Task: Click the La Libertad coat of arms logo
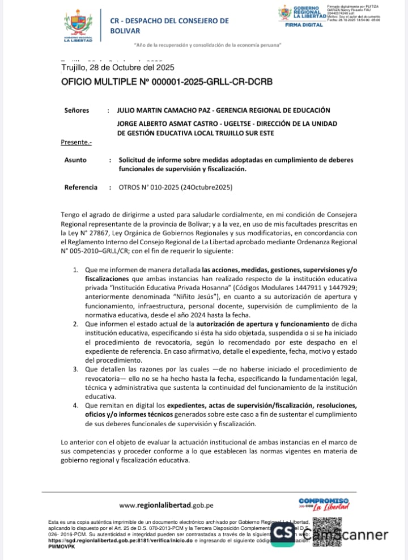tap(79, 26)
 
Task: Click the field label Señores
tap(76, 111)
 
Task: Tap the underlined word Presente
tap(75, 142)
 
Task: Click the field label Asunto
tap(75, 160)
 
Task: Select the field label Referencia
tap(80, 187)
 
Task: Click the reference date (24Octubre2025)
tap(206, 187)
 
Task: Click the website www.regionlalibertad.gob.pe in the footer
tap(167, 506)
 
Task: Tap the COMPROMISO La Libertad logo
tap(323, 504)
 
